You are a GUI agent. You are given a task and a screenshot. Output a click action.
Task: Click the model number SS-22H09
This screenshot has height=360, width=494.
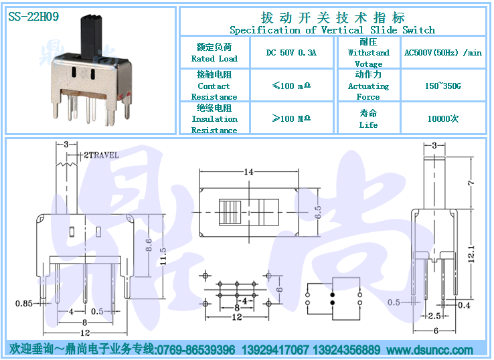[33, 16]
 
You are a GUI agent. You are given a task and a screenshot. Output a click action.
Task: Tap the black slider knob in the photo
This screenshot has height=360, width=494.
[90, 37]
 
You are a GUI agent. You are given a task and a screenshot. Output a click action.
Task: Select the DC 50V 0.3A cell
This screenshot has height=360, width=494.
[291, 53]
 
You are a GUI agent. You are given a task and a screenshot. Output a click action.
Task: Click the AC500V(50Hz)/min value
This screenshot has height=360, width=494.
[443, 52]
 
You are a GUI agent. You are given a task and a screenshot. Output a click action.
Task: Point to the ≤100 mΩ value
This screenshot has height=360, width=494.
[291, 86]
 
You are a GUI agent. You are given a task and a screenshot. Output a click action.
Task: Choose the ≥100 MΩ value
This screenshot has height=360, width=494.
[291, 118]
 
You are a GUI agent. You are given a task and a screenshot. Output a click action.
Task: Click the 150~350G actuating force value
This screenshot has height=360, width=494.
[443, 86]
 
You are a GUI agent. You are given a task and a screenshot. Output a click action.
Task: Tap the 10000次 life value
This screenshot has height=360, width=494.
[443, 118]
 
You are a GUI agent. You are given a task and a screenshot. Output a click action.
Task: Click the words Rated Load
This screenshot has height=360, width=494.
[214, 59]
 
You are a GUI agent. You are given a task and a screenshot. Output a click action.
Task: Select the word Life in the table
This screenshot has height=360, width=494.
[368, 124]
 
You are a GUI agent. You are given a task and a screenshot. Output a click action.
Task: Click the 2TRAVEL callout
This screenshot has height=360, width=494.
[102, 155]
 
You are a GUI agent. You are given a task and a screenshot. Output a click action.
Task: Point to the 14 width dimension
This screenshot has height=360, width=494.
[248, 172]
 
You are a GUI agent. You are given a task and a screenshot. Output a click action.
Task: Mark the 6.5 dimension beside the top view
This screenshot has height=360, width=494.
[318, 212]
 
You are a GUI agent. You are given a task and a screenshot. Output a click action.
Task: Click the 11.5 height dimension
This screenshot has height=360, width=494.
[163, 256]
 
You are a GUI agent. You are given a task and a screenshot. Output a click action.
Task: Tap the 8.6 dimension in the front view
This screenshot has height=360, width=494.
[149, 245]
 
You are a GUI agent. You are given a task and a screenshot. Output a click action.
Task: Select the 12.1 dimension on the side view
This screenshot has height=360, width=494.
[471, 254]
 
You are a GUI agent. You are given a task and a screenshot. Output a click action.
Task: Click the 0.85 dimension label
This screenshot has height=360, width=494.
[24, 303]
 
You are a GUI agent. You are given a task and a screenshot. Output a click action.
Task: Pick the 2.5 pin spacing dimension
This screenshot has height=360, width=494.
[434, 316]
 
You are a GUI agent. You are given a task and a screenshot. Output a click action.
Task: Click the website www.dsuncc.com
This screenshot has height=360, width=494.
[430, 350]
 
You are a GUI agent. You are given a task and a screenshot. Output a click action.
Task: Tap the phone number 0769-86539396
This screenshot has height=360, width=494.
[196, 350]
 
